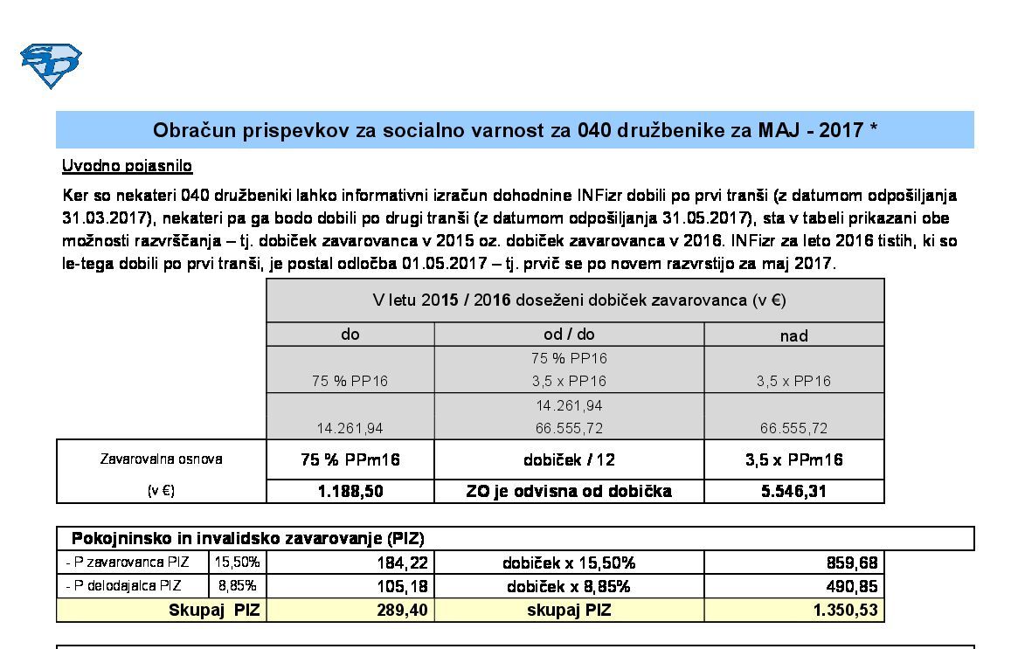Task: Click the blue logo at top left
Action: [x=51, y=66]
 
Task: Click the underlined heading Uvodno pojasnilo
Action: [x=127, y=166]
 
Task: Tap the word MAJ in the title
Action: [x=782, y=131]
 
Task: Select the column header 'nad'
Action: [x=793, y=335]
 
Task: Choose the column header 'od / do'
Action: [x=569, y=335]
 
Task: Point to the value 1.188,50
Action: [x=350, y=492]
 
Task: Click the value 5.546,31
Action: [x=793, y=492]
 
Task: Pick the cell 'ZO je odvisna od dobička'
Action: [x=569, y=492]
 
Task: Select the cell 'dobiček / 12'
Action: [x=569, y=460]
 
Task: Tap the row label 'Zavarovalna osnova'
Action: [x=161, y=459]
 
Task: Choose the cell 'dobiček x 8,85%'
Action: [x=569, y=587]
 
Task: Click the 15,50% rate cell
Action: [x=237, y=563]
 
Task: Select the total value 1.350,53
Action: [x=845, y=611]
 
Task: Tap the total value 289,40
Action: [x=403, y=611]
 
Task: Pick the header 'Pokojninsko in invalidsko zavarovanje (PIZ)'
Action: [x=247, y=539]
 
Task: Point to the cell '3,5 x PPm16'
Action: [x=793, y=460]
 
